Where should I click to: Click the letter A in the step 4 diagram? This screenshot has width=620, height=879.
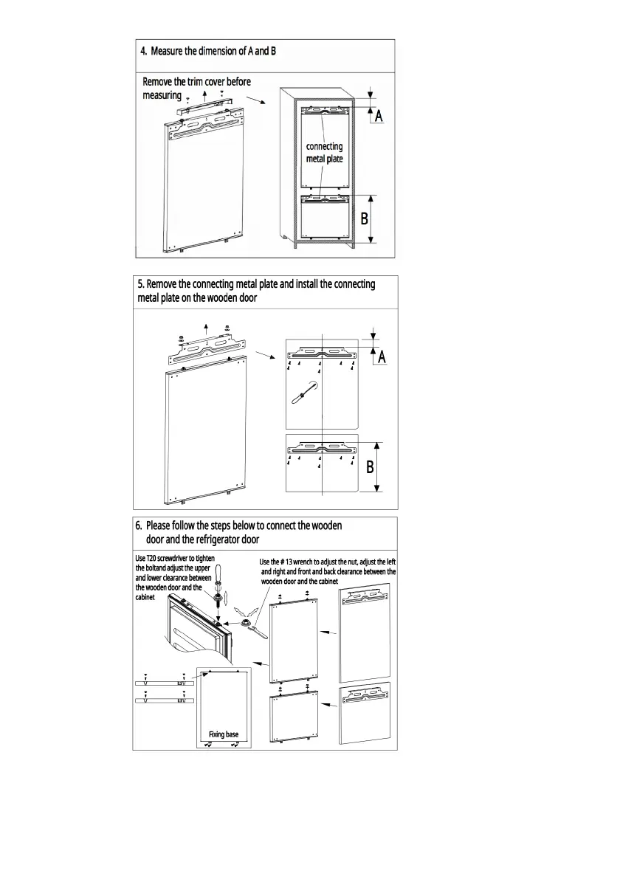[x=379, y=117]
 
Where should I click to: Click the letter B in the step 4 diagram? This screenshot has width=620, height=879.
[x=365, y=218]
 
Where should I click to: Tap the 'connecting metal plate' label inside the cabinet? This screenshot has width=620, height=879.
[x=325, y=153]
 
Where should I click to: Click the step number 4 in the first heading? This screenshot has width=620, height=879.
[x=143, y=52]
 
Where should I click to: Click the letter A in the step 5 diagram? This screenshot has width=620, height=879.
[x=382, y=357]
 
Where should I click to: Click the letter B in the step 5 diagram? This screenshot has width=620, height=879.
[x=371, y=466]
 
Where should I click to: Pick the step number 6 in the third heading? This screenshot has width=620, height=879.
[x=138, y=527]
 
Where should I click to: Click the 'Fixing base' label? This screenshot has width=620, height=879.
[x=224, y=734]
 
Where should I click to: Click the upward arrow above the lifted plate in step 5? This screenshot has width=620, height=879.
[x=207, y=328]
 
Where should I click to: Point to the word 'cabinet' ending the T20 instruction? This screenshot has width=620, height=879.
[x=145, y=598]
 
